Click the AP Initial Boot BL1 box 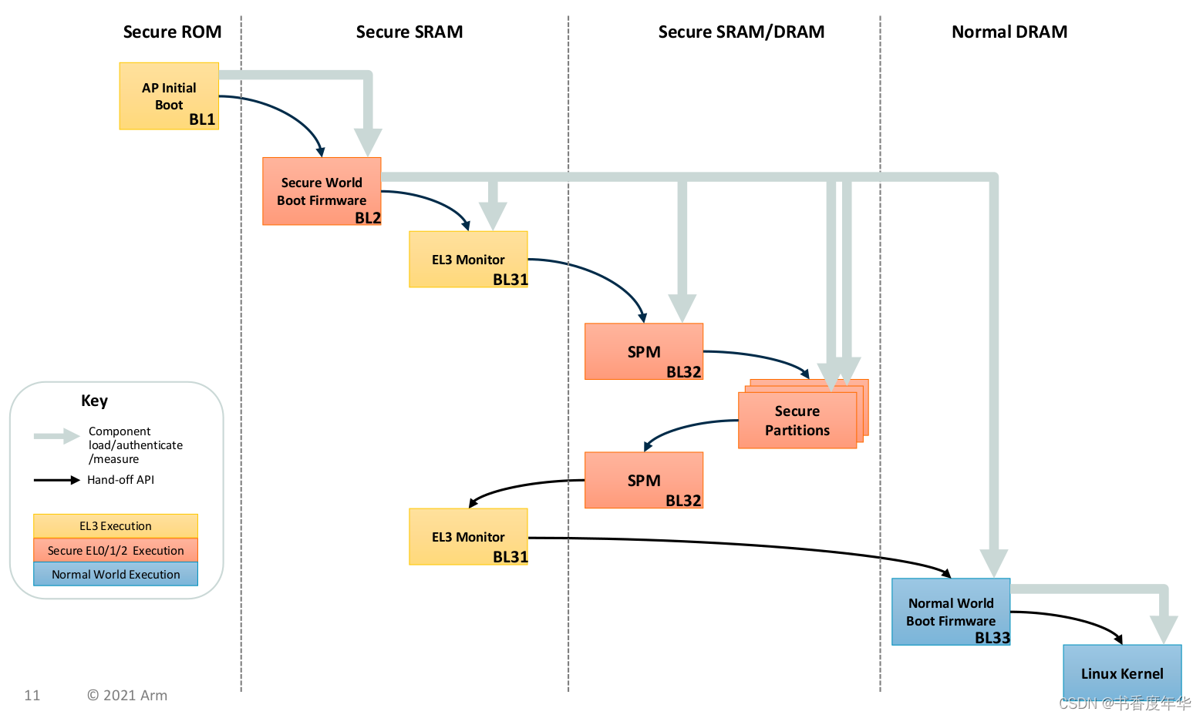point(169,96)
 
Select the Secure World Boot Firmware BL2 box point(322,191)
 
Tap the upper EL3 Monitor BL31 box point(468,260)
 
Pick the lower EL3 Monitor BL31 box point(468,537)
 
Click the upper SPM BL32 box point(644,351)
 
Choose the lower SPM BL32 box point(644,480)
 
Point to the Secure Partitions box point(797,421)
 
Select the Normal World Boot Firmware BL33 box point(951,612)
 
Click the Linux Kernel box point(1122,673)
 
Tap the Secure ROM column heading point(172,32)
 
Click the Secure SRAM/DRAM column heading point(741,32)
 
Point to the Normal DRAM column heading point(1009,32)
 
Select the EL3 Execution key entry point(116,526)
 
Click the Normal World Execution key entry point(116,575)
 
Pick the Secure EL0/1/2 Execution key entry point(116,550)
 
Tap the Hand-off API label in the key point(120,480)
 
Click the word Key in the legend point(94,401)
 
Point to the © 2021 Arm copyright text point(126,695)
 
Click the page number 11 point(32,695)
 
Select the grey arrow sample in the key point(56,436)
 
